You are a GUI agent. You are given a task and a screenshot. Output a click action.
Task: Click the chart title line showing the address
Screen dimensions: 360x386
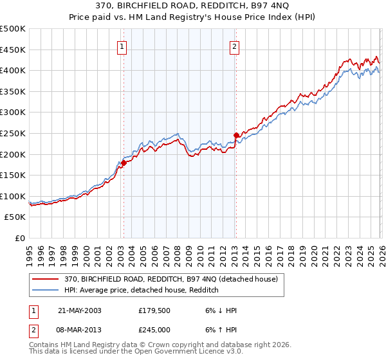point(192,6)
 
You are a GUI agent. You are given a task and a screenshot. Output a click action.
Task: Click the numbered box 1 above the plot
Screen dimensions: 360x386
point(122,46)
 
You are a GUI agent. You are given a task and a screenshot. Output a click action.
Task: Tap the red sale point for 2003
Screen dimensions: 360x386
point(124,163)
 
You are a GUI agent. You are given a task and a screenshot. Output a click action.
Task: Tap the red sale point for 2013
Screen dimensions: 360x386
point(235,135)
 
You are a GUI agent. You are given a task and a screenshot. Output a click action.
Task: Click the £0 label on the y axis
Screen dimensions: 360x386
point(20,238)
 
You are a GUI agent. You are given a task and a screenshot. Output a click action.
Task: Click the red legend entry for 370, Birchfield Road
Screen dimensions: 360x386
point(170,279)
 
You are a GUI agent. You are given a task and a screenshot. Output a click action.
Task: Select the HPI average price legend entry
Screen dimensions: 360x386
point(142,291)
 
